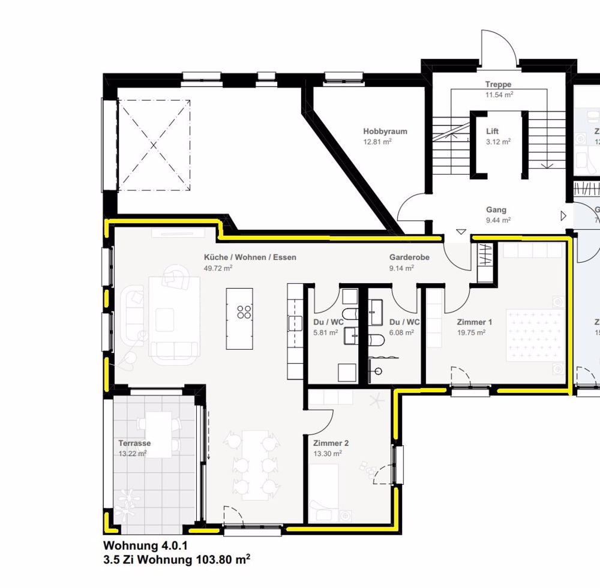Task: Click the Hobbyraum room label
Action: click(377, 131)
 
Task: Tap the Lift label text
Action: click(492, 131)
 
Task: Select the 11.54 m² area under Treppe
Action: click(498, 95)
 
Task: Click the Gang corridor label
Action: click(496, 210)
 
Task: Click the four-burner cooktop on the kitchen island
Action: click(244, 311)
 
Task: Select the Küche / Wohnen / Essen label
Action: click(250, 257)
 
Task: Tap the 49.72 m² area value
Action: click(220, 268)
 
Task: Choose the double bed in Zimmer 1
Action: click(534, 335)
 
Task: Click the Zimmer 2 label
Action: click(331, 443)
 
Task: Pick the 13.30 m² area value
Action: click(327, 454)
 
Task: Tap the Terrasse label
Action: click(134, 443)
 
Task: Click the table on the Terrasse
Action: click(159, 437)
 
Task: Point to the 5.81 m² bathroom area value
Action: click(325, 332)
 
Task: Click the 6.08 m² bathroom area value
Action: click(401, 332)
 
